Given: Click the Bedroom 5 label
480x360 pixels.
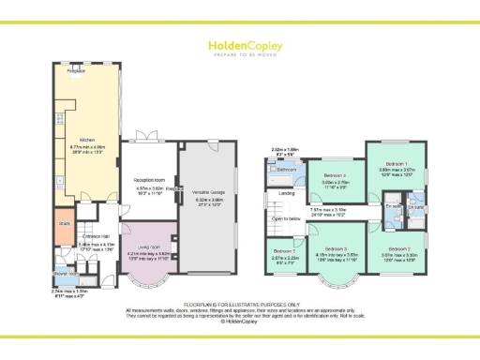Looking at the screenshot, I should [281, 252].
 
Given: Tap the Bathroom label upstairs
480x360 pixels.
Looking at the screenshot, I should [287, 170].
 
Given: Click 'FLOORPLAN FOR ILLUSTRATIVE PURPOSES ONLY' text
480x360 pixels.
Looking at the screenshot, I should [239, 305].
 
